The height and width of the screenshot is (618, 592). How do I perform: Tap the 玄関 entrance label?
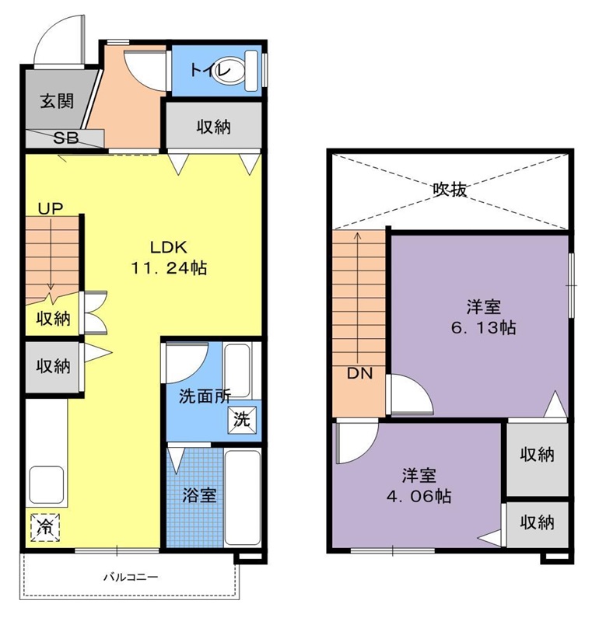58,101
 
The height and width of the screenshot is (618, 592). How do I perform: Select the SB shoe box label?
66,138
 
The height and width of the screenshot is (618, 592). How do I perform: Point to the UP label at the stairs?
51,208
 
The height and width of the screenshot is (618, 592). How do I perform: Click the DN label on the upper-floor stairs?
359,373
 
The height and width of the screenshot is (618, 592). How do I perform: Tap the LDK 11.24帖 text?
169,258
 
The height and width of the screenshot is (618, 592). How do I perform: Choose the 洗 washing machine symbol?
242,419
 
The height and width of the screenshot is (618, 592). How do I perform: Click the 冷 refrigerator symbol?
45,527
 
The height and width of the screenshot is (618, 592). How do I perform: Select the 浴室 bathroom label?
199,495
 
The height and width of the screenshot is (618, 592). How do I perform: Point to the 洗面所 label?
205,396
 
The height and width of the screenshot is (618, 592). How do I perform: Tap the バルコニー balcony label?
131,578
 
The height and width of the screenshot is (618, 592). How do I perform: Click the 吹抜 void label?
450,190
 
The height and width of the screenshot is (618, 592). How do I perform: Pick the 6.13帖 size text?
484,327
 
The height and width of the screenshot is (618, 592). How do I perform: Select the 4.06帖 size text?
419,496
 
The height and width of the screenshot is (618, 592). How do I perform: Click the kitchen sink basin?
47,486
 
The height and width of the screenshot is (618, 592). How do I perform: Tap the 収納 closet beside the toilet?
214,125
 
